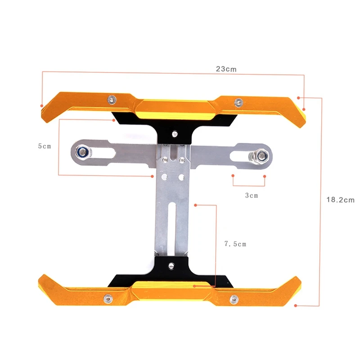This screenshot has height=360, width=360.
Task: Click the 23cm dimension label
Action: pyautogui.click(x=226, y=69)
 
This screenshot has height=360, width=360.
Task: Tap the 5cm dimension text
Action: pyautogui.click(x=45, y=146)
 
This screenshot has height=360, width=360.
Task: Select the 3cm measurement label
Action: pyautogui.click(x=252, y=195)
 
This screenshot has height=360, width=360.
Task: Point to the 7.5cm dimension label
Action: pyautogui.click(x=235, y=244)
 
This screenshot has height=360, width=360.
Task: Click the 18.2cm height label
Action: pyautogui.click(x=341, y=199)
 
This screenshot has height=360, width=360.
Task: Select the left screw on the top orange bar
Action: pyautogui.click(x=111, y=99)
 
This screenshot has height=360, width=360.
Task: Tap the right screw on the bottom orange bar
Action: pyautogui.click(x=234, y=299)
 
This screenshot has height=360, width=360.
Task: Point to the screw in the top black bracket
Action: pyautogui.click(x=174, y=133)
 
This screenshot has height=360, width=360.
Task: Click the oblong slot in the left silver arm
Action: pyautogui.click(x=103, y=153)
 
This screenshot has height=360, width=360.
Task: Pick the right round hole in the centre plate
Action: pyautogui.click(x=181, y=178)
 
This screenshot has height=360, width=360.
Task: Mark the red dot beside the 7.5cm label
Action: pyautogui.click(x=195, y=205)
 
